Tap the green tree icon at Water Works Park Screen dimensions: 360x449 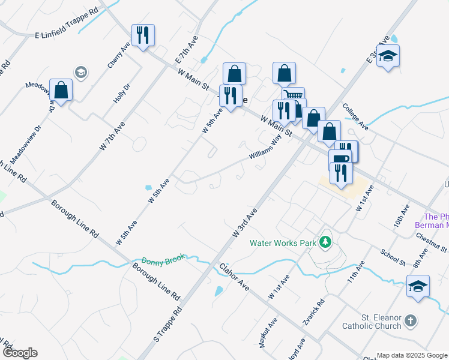pyautogui.click(x=325, y=242)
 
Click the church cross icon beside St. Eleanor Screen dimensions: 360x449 pyautogui.click(x=410, y=321)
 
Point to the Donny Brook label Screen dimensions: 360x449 pyautogui.click(x=161, y=262)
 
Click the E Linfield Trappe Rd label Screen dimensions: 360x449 pyautogui.click(x=65, y=24)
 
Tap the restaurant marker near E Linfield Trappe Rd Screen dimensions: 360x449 pyautogui.click(x=143, y=35)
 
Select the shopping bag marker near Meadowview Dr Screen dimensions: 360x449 pyautogui.click(x=61, y=90)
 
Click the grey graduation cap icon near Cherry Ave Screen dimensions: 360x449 pyautogui.click(x=80, y=73)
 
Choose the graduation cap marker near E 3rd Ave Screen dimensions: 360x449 pyautogui.click(x=388, y=56)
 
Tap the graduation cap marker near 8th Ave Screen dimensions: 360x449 pyautogui.click(x=418, y=286)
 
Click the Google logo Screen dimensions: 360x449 pyautogui.click(x=19, y=353)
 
